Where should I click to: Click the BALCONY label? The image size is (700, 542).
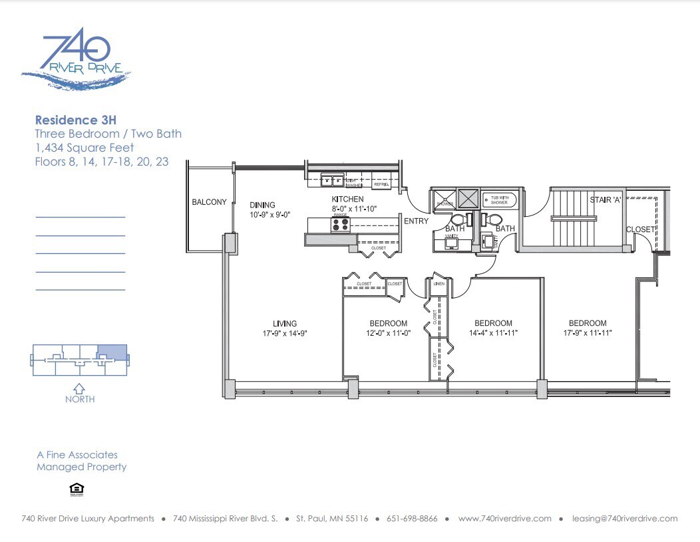click(x=209, y=202)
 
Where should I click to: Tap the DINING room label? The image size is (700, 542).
click(x=262, y=205)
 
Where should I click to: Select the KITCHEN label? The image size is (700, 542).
click(x=347, y=199)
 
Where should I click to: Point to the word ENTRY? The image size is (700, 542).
click(x=416, y=221)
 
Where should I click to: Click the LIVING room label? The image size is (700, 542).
click(x=284, y=324)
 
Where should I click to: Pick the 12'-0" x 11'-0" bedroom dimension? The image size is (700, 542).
click(x=387, y=333)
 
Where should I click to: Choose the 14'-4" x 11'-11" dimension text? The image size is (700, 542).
click(x=492, y=333)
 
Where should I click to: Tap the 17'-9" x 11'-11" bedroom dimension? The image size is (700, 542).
click(x=587, y=333)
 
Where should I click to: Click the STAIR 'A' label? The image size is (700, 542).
click(x=606, y=200)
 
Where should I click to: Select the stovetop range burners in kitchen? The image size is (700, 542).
click(x=340, y=225)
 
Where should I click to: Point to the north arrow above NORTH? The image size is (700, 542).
click(x=79, y=388)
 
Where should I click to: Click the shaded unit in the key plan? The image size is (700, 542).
click(x=111, y=352)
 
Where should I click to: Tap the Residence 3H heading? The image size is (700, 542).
click(x=75, y=120)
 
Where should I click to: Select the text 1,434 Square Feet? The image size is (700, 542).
click(x=85, y=148)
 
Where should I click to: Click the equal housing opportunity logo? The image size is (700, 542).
click(x=77, y=490)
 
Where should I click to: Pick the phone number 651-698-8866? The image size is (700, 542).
click(x=413, y=519)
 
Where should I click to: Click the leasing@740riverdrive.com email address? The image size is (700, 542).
click(x=625, y=519)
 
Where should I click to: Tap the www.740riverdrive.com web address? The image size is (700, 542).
click(x=505, y=519)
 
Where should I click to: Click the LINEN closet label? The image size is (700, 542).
click(x=438, y=284)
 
